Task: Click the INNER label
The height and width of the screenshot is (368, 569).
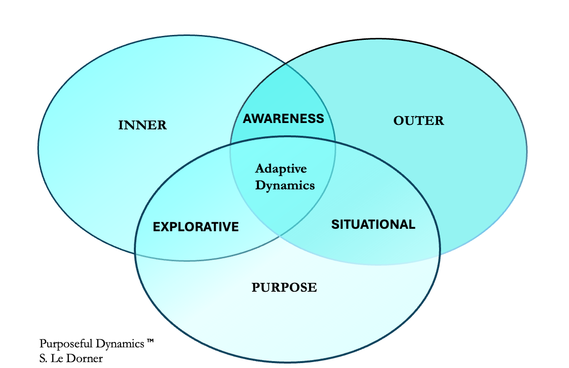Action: [x=143, y=125]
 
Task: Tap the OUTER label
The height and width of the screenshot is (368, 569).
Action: [x=419, y=121]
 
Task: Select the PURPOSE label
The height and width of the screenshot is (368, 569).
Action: [x=284, y=287]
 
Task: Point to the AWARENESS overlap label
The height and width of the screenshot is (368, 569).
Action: [x=284, y=119]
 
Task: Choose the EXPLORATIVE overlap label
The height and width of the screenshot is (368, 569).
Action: [x=196, y=227]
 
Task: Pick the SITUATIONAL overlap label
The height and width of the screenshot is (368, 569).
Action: [x=373, y=225]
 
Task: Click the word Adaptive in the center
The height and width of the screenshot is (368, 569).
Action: [x=281, y=169]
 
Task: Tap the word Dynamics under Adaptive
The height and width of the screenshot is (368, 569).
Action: [x=284, y=185]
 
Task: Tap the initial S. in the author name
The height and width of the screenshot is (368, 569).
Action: [x=44, y=358]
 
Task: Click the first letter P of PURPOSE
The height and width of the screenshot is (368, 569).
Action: [x=255, y=287]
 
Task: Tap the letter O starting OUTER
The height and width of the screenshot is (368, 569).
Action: [x=398, y=121]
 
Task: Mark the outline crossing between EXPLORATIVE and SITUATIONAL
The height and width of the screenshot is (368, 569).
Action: [x=279, y=236]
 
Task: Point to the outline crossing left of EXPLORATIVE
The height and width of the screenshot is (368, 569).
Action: [x=135, y=254]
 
